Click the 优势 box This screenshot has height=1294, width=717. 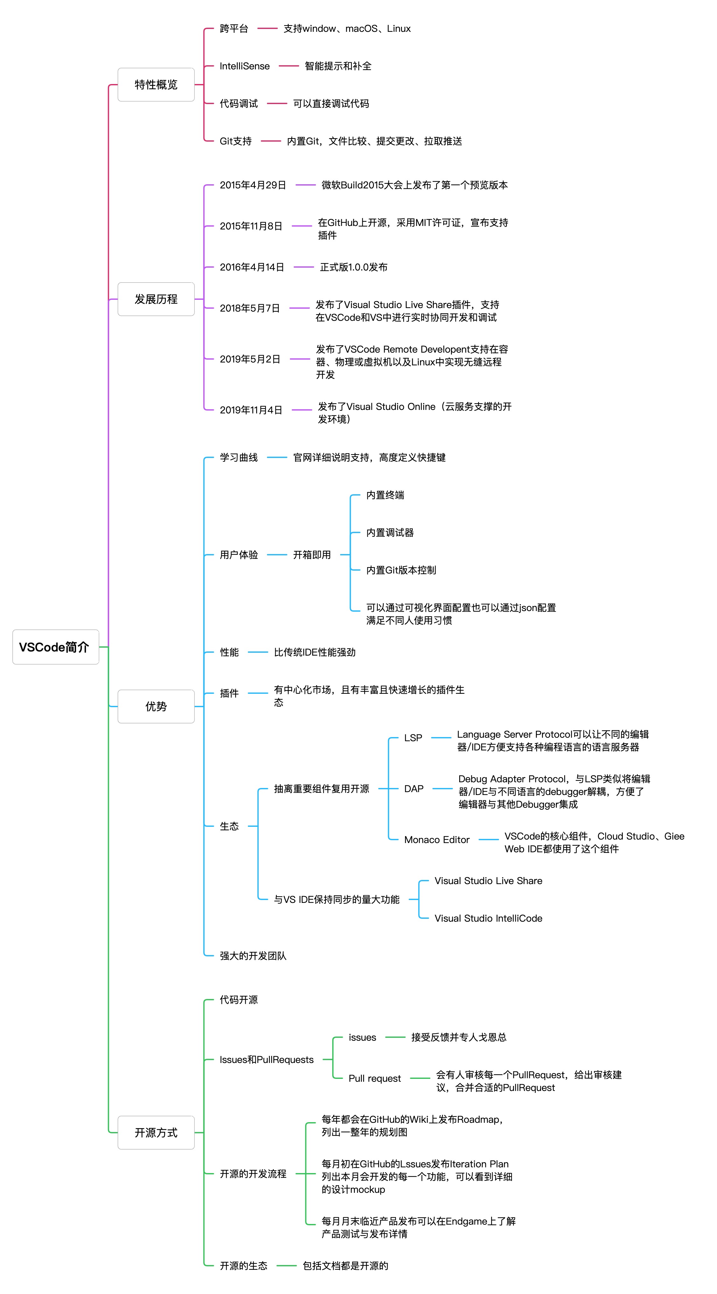(x=156, y=706)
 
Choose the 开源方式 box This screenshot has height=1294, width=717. (x=156, y=1132)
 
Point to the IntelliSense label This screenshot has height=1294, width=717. (x=245, y=66)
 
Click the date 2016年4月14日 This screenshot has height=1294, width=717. (x=252, y=267)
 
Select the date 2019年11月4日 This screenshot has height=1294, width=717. (x=251, y=410)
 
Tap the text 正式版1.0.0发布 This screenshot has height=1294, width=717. (x=354, y=267)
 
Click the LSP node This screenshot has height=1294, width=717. (x=413, y=738)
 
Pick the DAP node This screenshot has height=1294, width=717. (x=413, y=789)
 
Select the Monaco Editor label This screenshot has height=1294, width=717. (x=437, y=840)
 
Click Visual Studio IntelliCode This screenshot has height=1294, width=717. (x=489, y=918)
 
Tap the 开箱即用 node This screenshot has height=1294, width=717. (x=312, y=555)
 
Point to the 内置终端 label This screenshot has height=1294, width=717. (x=385, y=495)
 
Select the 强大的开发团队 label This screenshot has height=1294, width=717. (x=253, y=956)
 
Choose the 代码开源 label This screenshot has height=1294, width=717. (x=239, y=1000)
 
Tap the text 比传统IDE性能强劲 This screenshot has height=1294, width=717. (x=314, y=652)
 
